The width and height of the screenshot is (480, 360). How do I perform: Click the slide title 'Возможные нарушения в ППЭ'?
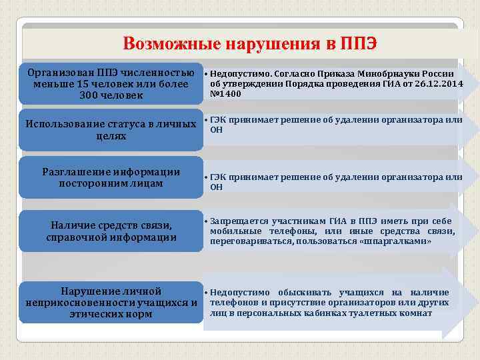(250, 44)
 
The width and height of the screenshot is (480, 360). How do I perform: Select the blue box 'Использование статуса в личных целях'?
(111, 130)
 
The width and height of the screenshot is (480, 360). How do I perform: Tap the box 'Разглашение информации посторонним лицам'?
(111, 177)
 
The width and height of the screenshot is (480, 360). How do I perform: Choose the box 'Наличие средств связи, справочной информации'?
(111, 231)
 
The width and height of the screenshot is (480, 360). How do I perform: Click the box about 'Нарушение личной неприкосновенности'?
(111, 303)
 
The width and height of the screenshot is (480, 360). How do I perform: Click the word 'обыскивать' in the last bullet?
(313, 293)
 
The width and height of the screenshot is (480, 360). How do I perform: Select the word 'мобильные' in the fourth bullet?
(233, 231)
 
